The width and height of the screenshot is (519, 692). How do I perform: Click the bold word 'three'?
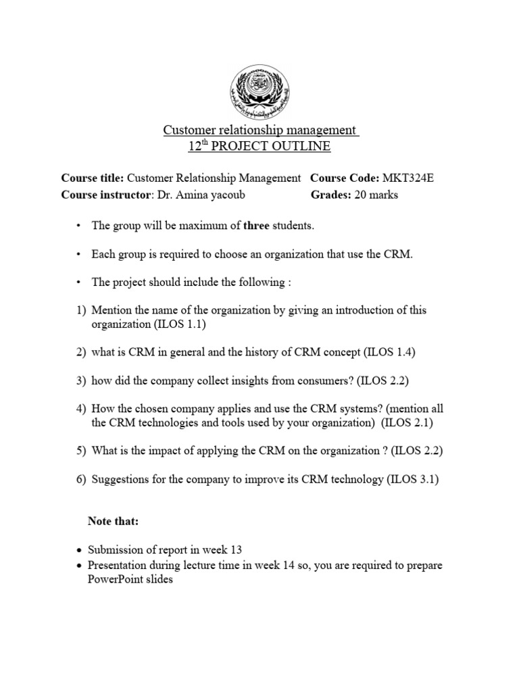pyautogui.click(x=256, y=226)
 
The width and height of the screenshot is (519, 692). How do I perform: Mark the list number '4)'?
pyautogui.click(x=81, y=409)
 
